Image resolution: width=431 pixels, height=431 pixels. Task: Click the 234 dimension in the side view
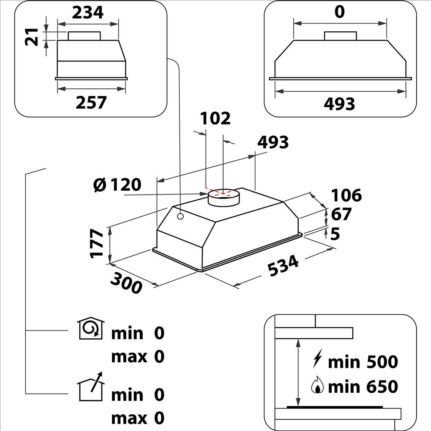point(88,12)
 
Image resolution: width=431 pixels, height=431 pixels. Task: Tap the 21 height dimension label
point(31,37)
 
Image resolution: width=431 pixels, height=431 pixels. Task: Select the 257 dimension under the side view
point(91,103)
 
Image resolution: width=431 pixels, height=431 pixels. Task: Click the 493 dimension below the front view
point(340,104)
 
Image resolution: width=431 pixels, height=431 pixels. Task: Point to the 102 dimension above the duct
point(215,118)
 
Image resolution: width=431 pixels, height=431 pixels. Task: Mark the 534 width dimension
point(283,266)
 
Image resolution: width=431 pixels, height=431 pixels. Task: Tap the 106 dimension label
point(347,195)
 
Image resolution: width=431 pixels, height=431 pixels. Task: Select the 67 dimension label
point(341,215)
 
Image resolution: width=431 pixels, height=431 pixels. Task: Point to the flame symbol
point(318,386)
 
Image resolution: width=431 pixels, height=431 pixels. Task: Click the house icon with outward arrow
point(91,387)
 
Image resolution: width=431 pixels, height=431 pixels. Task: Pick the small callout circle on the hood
point(180,216)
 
